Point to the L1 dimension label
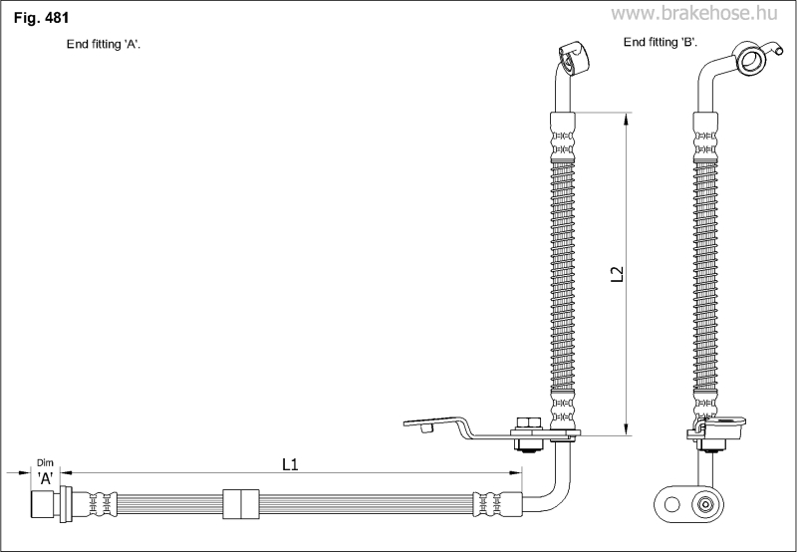291,463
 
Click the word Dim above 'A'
45,462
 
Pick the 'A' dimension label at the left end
45,478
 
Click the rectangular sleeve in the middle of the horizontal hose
240,503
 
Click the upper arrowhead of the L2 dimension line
627,119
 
